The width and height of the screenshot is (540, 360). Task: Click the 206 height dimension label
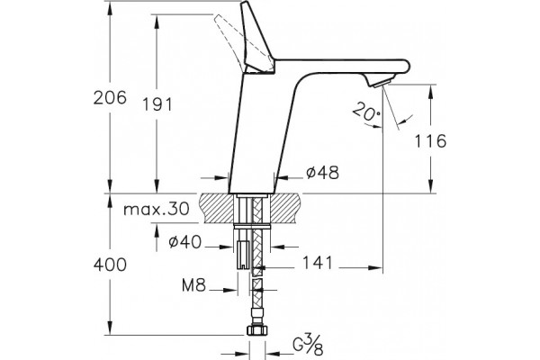click(x=110, y=98)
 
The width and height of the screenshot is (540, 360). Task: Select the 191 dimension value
click(x=157, y=104)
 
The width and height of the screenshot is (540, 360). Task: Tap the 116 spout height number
click(x=430, y=141)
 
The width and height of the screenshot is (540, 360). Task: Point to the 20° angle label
click(x=367, y=112)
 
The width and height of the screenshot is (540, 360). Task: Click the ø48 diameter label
click(x=323, y=172)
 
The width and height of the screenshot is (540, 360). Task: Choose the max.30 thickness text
click(x=157, y=209)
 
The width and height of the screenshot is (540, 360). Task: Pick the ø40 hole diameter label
click(x=184, y=242)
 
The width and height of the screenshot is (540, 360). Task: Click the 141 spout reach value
click(x=318, y=263)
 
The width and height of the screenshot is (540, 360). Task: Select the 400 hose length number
click(x=110, y=265)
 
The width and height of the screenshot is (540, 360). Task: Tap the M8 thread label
click(x=193, y=285)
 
